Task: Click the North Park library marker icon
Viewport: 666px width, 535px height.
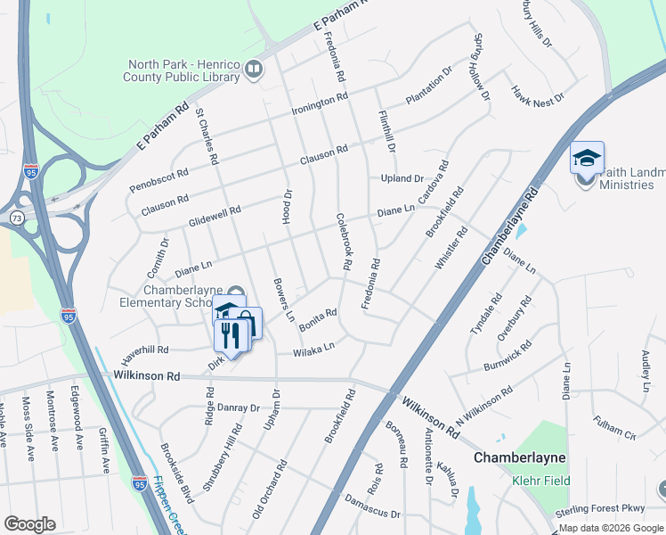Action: click(x=254, y=70)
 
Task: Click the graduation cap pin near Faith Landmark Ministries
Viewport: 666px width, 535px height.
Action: click(x=587, y=158)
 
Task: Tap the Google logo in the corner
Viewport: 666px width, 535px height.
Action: click(x=29, y=523)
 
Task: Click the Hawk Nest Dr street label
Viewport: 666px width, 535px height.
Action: click(x=538, y=93)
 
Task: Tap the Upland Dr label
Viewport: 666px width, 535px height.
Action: click(x=402, y=178)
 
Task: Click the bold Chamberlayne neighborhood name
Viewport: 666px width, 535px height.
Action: click(x=519, y=457)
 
